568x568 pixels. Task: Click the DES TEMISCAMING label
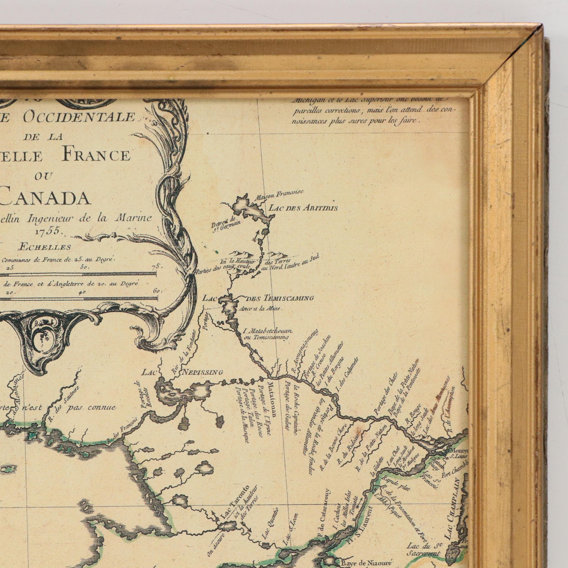click(x=279, y=298)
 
